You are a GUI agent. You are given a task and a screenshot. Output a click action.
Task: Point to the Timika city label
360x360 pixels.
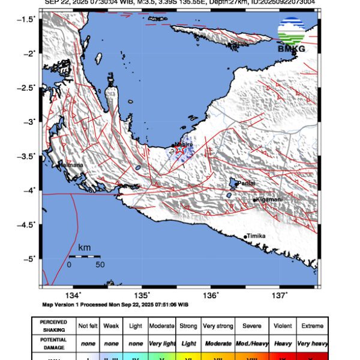pos(256,236)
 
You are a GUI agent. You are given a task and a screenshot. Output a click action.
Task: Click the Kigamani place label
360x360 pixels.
pos(269,200)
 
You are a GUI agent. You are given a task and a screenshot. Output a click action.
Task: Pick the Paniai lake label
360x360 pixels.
pos(246,183)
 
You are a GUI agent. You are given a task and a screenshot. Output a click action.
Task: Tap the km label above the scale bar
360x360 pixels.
pos(84,247)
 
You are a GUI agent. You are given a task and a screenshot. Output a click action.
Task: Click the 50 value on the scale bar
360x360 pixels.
pos(100,264)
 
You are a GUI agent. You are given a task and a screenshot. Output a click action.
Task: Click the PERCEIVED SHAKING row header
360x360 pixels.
pos(53,326)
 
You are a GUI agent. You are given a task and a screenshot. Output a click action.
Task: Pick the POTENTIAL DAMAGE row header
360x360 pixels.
pos(53,343)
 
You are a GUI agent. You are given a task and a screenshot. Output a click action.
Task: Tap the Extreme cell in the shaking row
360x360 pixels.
pos(312,326)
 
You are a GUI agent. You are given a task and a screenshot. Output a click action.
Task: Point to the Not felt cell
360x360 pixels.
pos(89,326)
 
